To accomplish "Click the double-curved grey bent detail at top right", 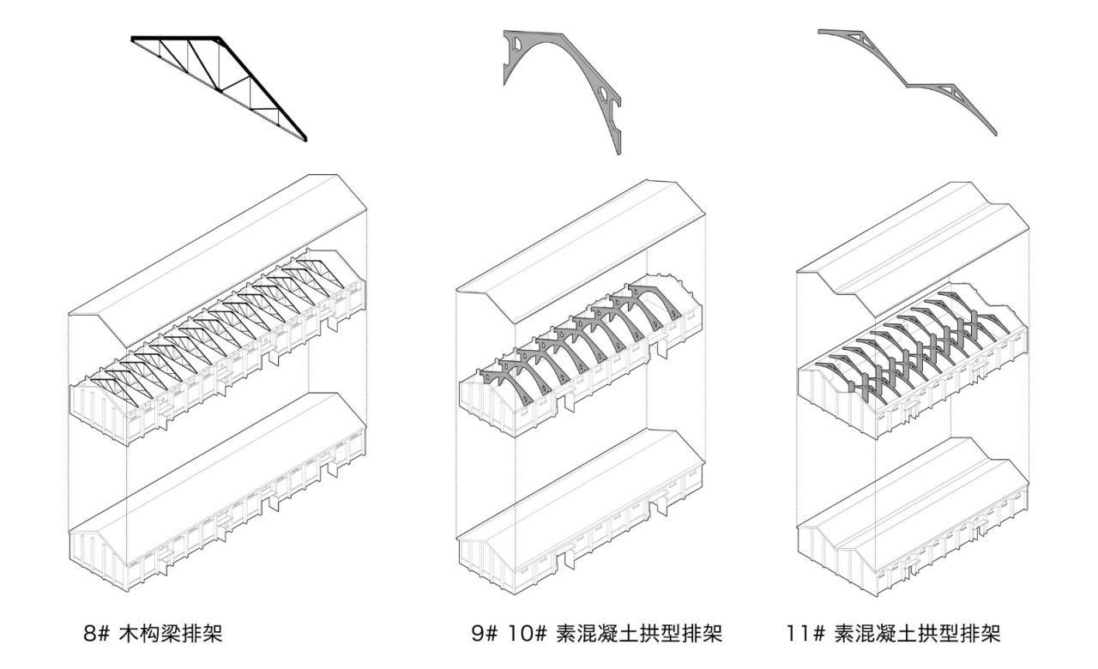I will (909, 77).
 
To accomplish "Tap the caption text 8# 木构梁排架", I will (155, 635).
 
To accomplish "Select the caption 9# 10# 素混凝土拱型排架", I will (595, 635).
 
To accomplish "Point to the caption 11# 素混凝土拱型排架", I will (892, 635).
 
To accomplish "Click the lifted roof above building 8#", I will (219, 249).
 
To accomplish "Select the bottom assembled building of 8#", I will (214, 497).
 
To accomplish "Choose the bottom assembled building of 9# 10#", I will (583, 515).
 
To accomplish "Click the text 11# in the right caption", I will (804, 635).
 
